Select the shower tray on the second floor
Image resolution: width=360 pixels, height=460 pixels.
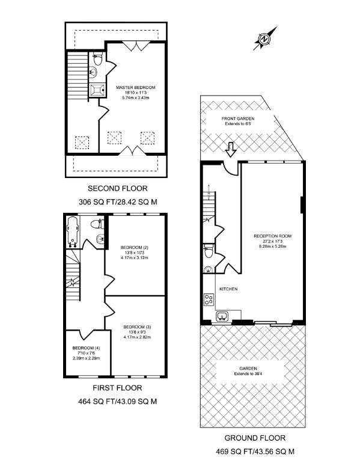[x=97, y=90]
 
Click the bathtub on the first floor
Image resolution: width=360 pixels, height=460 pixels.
[x=73, y=233]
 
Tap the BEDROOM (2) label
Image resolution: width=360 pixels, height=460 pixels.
[x=135, y=248]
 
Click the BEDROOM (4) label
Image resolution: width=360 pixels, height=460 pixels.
[x=86, y=348]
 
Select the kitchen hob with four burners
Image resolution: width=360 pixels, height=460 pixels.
[x=208, y=299]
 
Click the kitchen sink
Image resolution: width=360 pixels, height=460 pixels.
[x=221, y=316]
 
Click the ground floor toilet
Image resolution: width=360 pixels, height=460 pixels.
[x=208, y=253]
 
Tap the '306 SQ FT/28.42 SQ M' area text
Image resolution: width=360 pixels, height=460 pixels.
[x=118, y=202]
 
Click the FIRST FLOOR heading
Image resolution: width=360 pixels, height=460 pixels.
[x=118, y=387]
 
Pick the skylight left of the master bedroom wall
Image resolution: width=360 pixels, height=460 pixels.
[x=81, y=143]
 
